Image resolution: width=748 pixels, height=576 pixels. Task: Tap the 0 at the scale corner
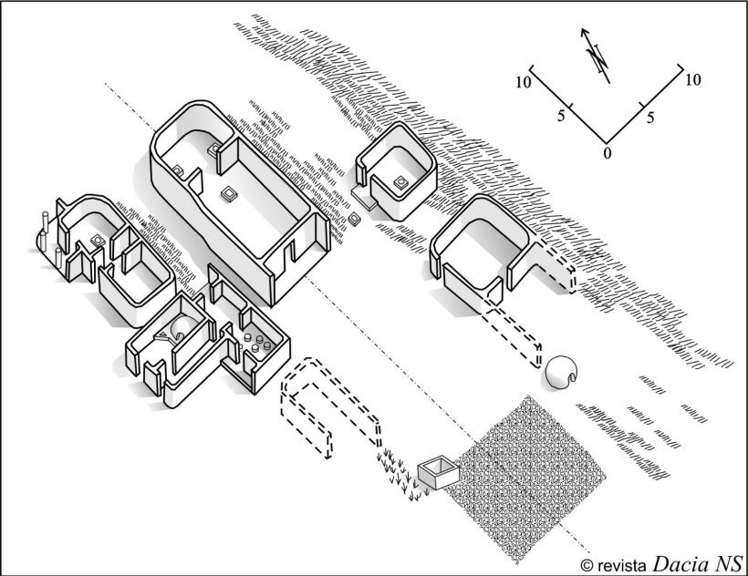pyautogui.click(x=608, y=152)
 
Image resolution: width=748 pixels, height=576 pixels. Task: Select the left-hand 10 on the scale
pyautogui.click(x=523, y=83)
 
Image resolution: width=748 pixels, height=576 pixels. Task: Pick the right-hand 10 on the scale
pyautogui.click(x=692, y=80)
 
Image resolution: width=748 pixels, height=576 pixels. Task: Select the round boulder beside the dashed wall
pyautogui.click(x=559, y=373)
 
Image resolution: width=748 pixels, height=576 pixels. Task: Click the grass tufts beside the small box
pyautogui.click(x=400, y=474)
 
